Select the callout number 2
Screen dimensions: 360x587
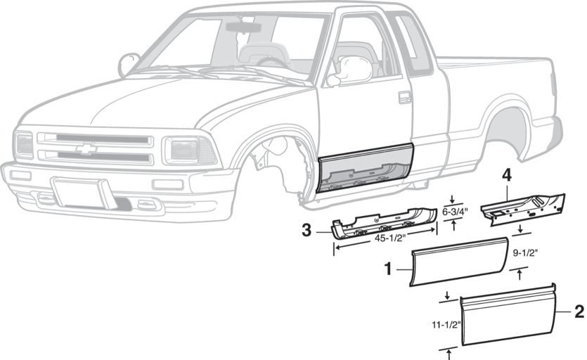click(x=579, y=310)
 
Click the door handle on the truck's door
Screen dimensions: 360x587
click(x=405, y=97)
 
